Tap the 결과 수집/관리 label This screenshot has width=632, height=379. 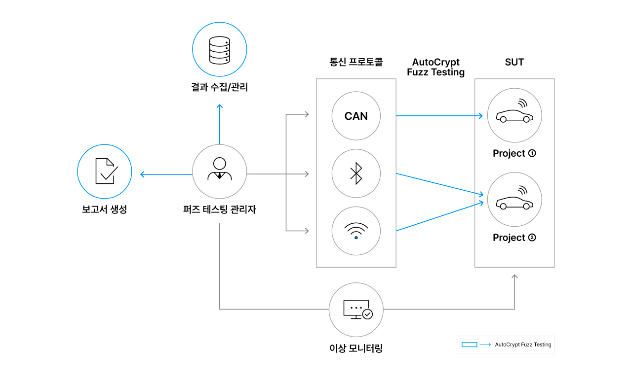(219, 88)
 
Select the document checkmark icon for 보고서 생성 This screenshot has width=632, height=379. (105, 172)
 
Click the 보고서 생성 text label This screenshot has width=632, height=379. (105, 209)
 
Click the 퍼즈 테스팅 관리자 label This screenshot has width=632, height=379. (219, 209)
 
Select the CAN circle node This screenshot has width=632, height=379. (356, 116)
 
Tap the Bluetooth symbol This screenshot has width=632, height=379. (356, 173)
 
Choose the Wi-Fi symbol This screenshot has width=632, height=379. (356, 231)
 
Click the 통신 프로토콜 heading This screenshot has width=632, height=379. (356, 62)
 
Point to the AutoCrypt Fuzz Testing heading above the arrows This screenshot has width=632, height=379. (435, 67)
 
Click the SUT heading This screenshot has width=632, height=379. (514, 62)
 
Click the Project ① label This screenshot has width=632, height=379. (514, 153)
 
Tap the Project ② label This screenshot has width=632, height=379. (514, 238)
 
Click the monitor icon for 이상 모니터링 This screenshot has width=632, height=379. (356, 310)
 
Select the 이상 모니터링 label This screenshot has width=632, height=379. (356, 348)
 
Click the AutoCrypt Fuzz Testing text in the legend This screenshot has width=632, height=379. (523, 345)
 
